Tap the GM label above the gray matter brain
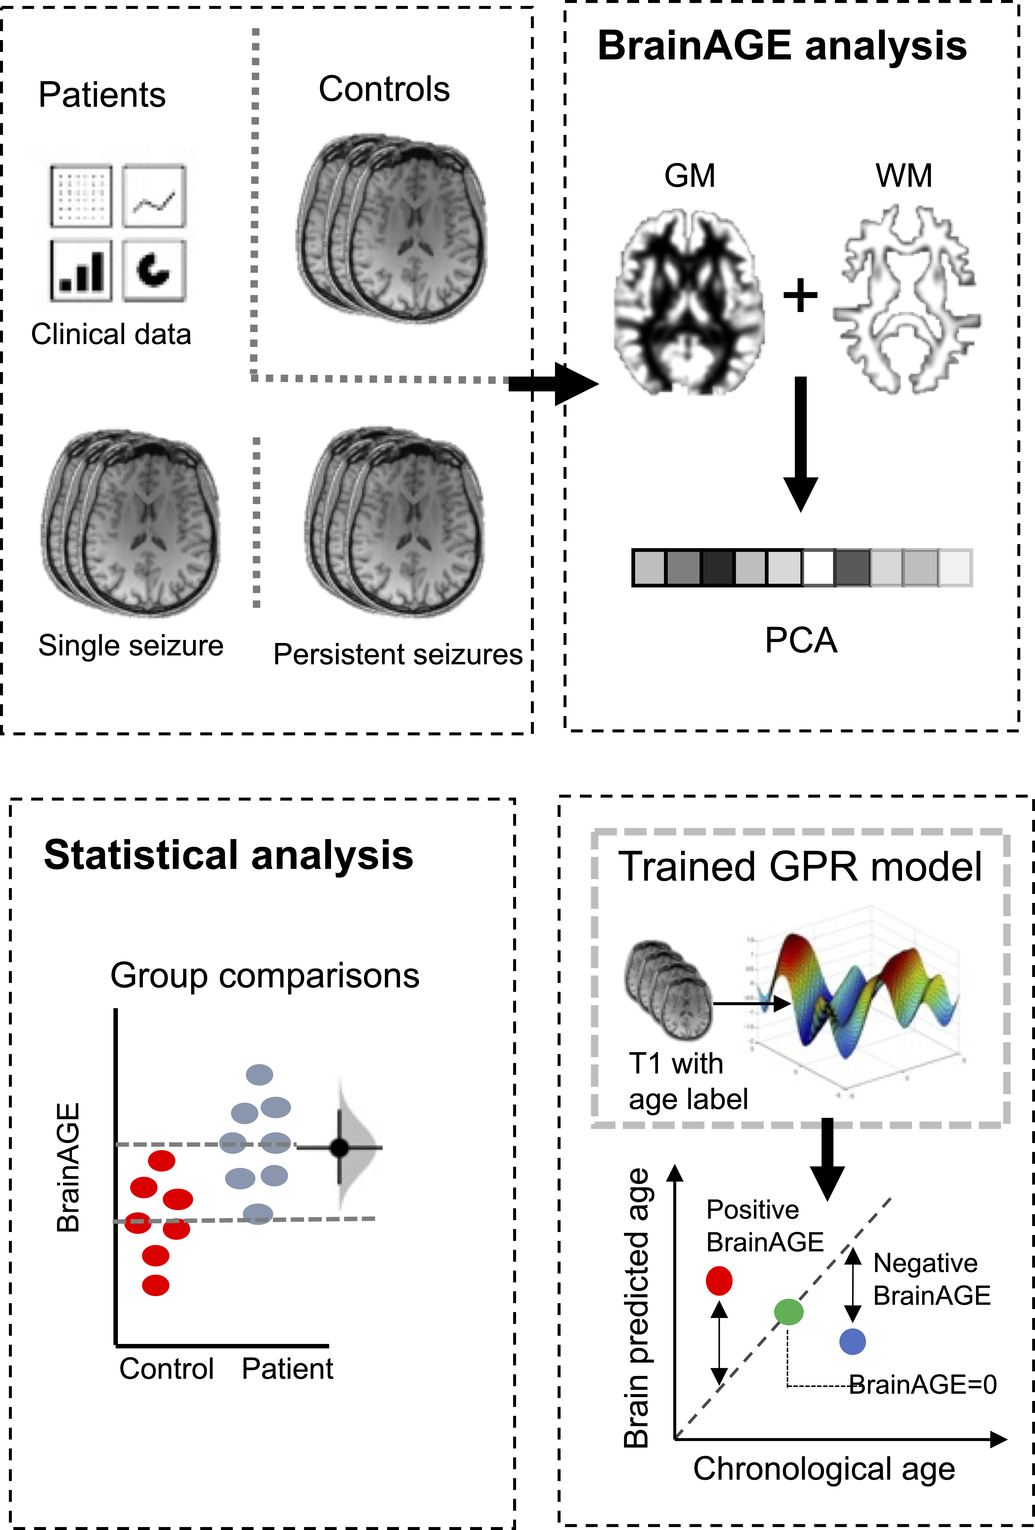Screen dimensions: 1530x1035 (689, 176)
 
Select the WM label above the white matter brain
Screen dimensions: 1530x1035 (903, 176)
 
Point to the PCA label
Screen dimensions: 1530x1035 (801, 640)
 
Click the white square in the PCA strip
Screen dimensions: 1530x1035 (818, 568)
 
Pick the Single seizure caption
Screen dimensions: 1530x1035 (130, 645)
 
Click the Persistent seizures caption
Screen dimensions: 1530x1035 (398, 654)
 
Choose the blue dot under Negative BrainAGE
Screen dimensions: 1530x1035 (853, 1341)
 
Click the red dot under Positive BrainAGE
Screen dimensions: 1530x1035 (719, 1281)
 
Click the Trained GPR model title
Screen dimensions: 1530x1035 (800, 866)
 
